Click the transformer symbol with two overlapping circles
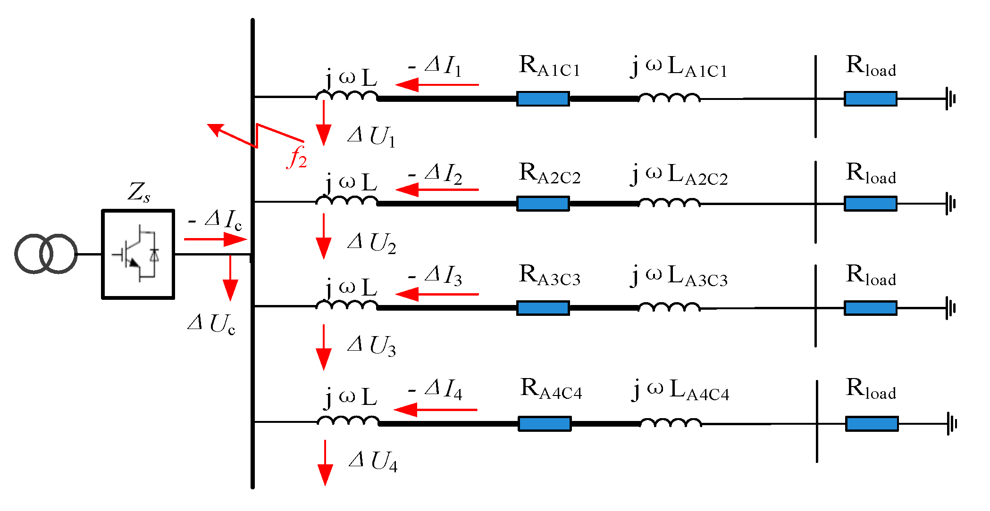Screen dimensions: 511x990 (46, 254)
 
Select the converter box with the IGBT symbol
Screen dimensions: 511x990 (138, 254)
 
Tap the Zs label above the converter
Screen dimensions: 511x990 (139, 192)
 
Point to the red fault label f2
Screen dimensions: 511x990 (297, 157)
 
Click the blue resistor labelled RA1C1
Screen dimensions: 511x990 (543, 99)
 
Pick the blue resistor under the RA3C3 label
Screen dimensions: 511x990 (543, 308)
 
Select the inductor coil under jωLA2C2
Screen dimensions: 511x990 (669, 203)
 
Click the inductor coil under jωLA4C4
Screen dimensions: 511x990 (671, 422)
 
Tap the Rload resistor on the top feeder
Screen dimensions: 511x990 (870, 99)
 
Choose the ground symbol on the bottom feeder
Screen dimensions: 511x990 (951, 423)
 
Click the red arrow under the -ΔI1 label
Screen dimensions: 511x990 (437, 85)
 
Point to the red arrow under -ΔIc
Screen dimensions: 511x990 (215, 239)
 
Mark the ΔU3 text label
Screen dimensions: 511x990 (372, 346)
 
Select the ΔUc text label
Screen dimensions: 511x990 (211, 324)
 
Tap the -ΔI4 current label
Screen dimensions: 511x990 (435, 389)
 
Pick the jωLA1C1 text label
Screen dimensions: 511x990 (680, 67)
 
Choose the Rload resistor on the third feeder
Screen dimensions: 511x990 (870, 308)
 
